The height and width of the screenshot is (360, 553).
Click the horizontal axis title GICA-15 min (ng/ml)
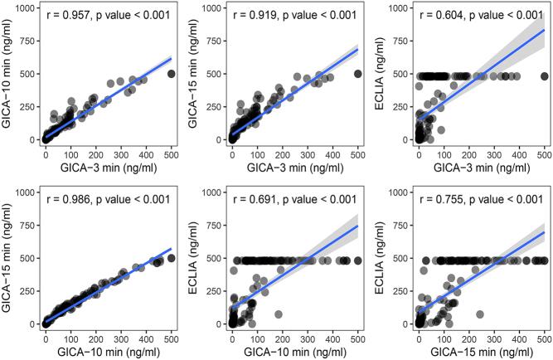[x=480, y=353]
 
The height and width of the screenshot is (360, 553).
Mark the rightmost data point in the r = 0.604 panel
[x=544, y=76]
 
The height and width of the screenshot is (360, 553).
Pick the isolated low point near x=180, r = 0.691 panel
[x=279, y=314]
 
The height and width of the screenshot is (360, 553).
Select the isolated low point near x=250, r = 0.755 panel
[x=480, y=314]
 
